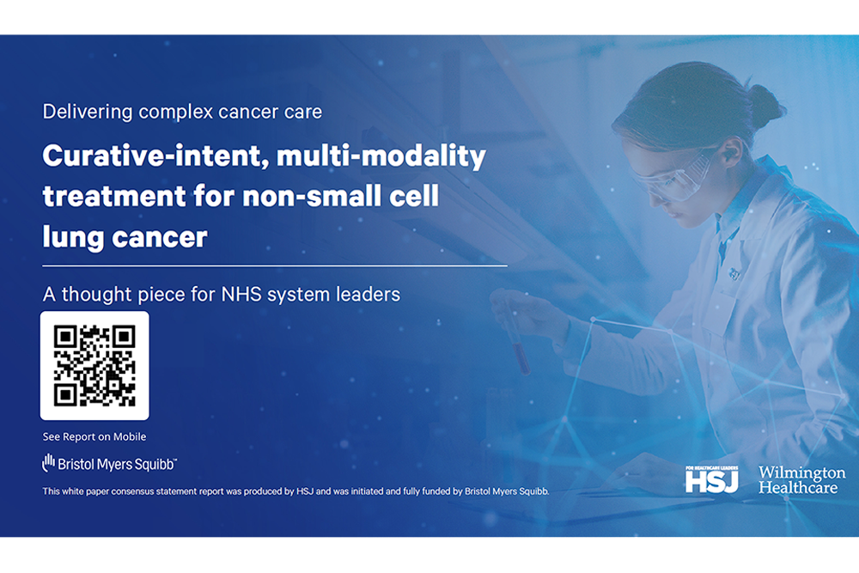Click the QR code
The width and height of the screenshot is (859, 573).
click(94, 365)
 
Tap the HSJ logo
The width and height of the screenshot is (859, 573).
click(711, 479)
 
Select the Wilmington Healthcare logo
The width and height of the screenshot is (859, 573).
click(801, 480)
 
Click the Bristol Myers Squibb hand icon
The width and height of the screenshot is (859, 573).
click(49, 463)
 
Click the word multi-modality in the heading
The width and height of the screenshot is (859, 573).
click(381, 156)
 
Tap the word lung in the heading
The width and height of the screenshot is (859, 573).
click(73, 238)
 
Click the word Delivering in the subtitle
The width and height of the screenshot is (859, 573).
click(88, 113)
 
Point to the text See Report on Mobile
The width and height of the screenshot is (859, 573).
click(94, 436)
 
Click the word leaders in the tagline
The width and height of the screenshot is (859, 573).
click(369, 294)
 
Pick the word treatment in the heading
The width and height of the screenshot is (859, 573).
click(114, 196)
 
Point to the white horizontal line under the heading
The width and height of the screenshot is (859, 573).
click(275, 265)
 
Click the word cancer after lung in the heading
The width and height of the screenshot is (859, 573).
click(160, 238)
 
